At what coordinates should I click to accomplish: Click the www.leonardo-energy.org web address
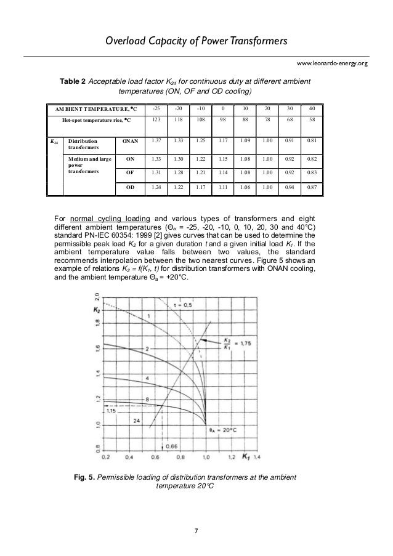pos(332,63)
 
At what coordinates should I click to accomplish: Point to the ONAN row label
pos(130,141)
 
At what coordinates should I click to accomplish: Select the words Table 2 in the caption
pos(72,82)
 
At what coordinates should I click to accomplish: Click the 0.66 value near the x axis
pos(172,446)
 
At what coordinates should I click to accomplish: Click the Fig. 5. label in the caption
pos(84,477)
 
